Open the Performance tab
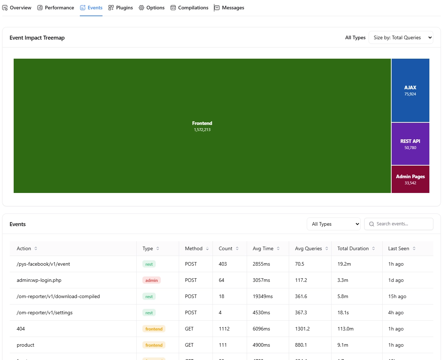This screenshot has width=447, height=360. pyautogui.click(x=56, y=8)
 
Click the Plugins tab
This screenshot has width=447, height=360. pyautogui.click(x=121, y=8)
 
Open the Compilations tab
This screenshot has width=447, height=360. pyautogui.click(x=190, y=8)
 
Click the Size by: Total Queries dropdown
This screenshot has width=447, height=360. pyautogui.click(x=401, y=37)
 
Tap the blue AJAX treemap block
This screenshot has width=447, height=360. pyautogui.click(x=410, y=90)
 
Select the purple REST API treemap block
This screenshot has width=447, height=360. pyautogui.click(x=410, y=144)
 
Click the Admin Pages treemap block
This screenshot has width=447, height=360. pyautogui.click(x=410, y=179)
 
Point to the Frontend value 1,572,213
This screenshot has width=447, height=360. pyautogui.click(x=202, y=130)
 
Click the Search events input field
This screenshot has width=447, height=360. pyautogui.click(x=402, y=224)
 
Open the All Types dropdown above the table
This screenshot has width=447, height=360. pyautogui.click(x=334, y=224)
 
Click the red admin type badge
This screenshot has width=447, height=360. pyautogui.click(x=151, y=280)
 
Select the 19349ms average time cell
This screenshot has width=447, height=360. pyautogui.click(x=263, y=296)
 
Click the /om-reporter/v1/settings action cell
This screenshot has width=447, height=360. pyautogui.click(x=45, y=312)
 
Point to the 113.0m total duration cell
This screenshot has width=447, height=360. pyautogui.click(x=345, y=329)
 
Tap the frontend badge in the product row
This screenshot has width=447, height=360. pyautogui.click(x=154, y=345)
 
